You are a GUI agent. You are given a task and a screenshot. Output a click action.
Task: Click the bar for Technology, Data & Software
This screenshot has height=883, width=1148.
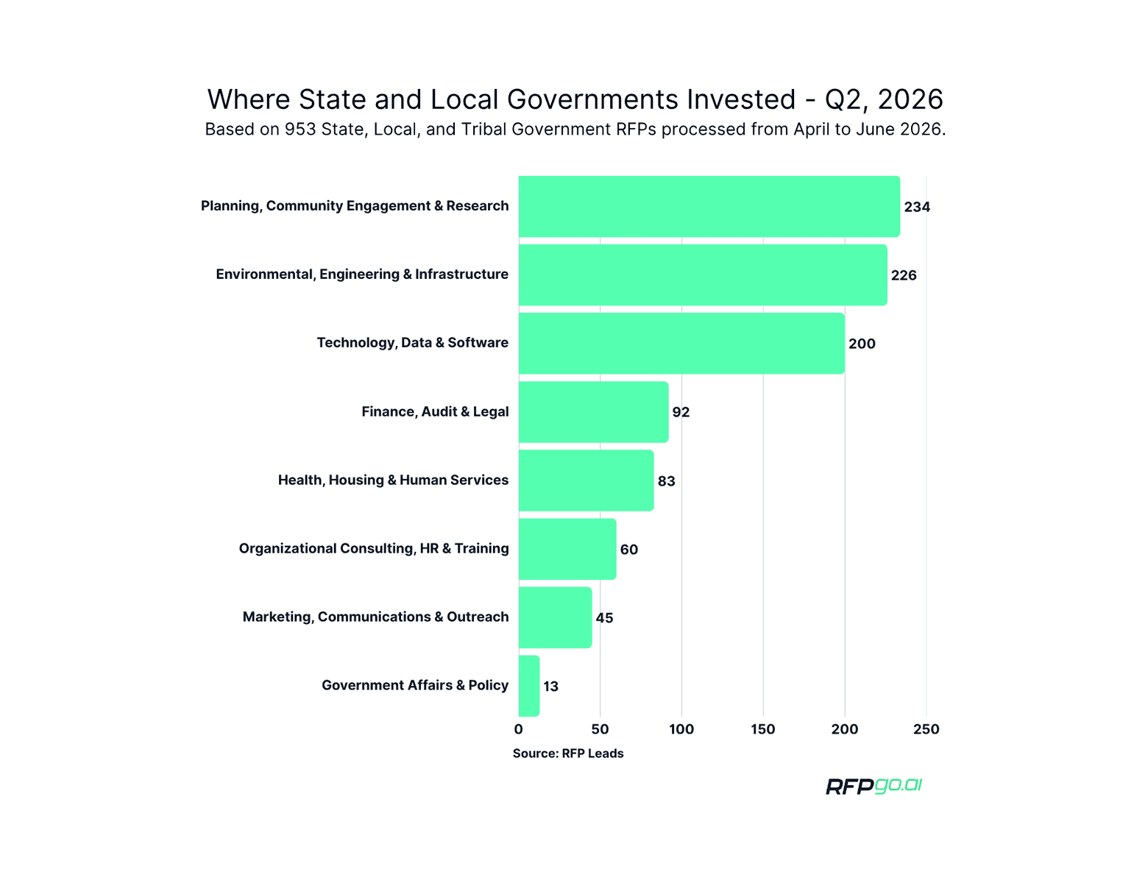[x=681, y=344]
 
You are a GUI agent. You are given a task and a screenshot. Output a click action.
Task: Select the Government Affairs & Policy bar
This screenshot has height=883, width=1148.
[x=529, y=686]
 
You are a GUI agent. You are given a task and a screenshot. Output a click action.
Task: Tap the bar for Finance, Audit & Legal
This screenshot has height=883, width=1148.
[x=593, y=412]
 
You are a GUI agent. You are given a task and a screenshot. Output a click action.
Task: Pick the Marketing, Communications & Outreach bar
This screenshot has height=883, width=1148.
[x=556, y=617]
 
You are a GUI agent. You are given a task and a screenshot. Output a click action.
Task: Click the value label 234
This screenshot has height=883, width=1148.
[x=917, y=207]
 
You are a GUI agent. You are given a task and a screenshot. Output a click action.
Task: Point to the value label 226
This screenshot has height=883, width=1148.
[x=904, y=275]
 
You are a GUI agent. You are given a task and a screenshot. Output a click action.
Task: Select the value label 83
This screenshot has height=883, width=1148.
[x=666, y=481]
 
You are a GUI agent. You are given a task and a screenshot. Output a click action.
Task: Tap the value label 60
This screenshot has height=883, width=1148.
[x=628, y=550]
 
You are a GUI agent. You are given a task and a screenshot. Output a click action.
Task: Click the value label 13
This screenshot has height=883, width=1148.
[x=550, y=687]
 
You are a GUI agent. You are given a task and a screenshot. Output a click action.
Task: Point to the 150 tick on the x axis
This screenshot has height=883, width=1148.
[x=763, y=729]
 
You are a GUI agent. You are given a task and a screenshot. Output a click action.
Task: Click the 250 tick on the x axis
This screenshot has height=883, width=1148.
[x=926, y=729]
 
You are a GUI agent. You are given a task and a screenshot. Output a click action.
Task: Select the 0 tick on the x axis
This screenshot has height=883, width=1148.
[x=518, y=729]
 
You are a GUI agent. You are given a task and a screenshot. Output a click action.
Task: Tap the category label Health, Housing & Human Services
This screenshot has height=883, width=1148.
[x=393, y=480]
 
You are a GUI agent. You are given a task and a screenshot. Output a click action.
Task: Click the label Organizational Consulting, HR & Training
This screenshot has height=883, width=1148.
[x=374, y=549]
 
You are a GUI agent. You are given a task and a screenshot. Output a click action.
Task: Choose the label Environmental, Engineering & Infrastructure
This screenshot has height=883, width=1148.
[x=362, y=274]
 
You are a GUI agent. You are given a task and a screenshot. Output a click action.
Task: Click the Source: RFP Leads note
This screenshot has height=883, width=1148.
[x=568, y=753]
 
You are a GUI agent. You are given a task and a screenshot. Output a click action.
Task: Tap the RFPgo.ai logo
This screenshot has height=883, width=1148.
[x=874, y=787]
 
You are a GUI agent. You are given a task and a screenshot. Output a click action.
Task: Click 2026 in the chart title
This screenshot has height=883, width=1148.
[x=910, y=99]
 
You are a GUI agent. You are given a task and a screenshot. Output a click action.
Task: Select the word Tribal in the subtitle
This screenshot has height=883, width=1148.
[x=484, y=130]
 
